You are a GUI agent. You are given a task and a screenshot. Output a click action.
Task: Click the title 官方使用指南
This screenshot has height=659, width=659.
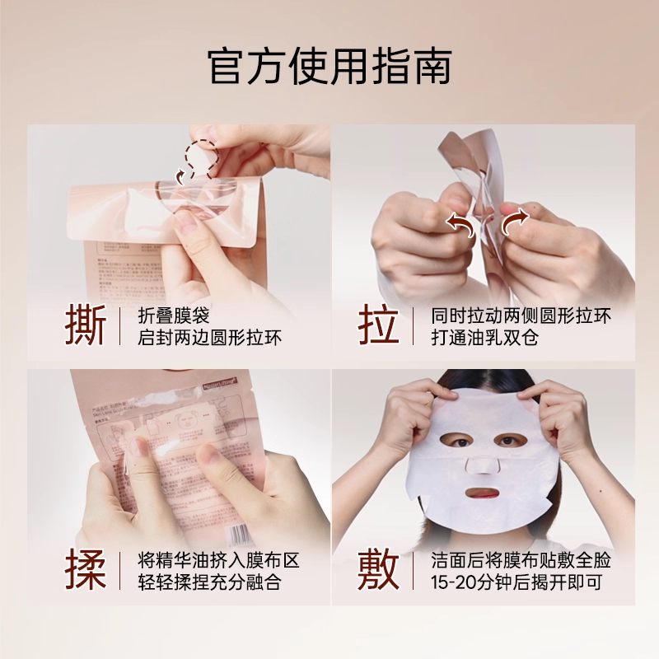coord(329,67)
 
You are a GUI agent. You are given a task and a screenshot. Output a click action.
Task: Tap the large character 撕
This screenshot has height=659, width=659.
coord(86,326)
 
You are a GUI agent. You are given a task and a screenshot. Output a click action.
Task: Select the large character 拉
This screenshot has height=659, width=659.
coord(378,326)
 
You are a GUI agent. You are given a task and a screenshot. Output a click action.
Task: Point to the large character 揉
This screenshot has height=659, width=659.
coord(86,571)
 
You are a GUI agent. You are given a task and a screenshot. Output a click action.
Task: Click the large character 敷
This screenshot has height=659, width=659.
coord(378,571)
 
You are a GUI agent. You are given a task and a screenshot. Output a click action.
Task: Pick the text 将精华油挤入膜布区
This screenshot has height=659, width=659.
coord(218,560)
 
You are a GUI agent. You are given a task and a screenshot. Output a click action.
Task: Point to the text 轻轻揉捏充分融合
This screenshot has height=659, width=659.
coord(210,582)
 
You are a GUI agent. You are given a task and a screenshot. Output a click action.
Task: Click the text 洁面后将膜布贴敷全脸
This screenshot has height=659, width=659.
coord(521,560)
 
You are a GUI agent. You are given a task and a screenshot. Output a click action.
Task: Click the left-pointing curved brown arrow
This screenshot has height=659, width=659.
coord(460,221)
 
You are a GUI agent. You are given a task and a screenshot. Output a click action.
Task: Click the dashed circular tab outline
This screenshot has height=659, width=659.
coord(202,156)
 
